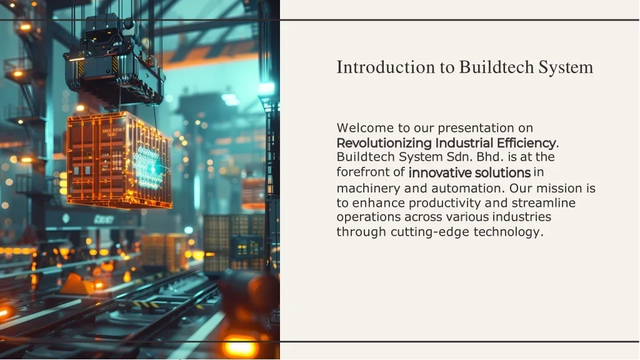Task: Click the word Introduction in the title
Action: point(386,67)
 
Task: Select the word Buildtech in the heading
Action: point(496,67)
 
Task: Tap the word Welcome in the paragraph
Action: point(365,127)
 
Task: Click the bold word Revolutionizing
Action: point(384,143)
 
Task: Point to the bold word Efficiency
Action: point(526,143)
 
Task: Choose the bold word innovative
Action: point(440,172)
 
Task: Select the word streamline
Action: point(543,203)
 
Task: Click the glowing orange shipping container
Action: point(119,160)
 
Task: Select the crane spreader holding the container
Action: point(114,61)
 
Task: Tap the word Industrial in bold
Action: point(464,143)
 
